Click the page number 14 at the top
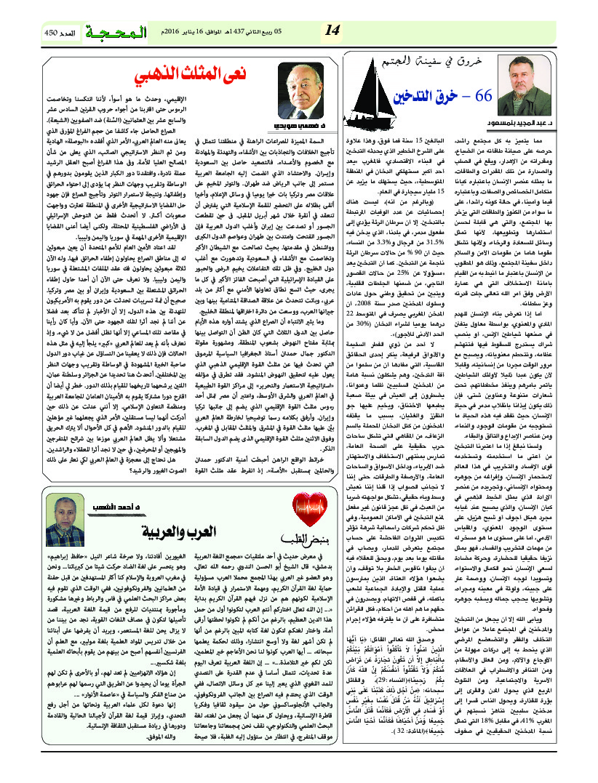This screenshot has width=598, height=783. (332, 29)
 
